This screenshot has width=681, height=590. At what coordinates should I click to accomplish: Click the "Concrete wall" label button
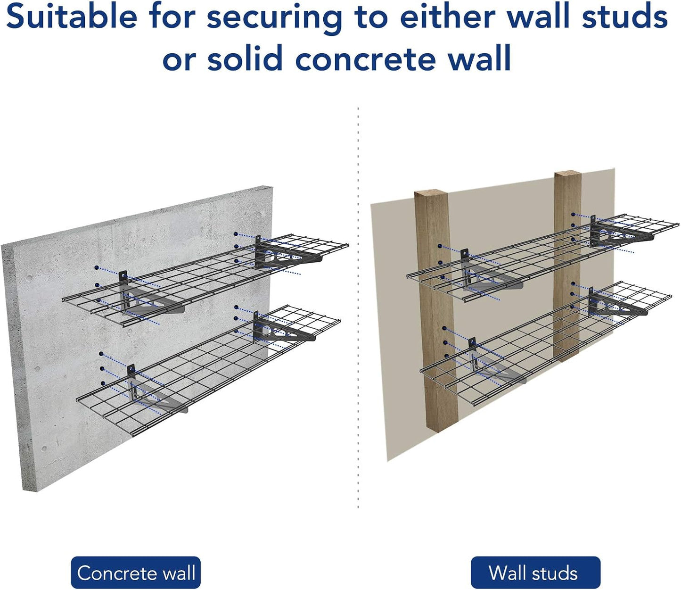(x=136, y=573)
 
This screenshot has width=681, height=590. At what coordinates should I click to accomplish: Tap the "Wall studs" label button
(x=535, y=573)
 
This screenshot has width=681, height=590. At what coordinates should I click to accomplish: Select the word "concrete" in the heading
(x=365, y=59)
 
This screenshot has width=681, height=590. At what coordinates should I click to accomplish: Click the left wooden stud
(x=435, y=311)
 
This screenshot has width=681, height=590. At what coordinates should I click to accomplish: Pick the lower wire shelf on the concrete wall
(x=207, y=368)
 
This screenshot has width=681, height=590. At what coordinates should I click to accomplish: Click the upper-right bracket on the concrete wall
(x=280, y=255)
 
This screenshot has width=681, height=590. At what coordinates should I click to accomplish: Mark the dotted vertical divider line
(x=358, y=307)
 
